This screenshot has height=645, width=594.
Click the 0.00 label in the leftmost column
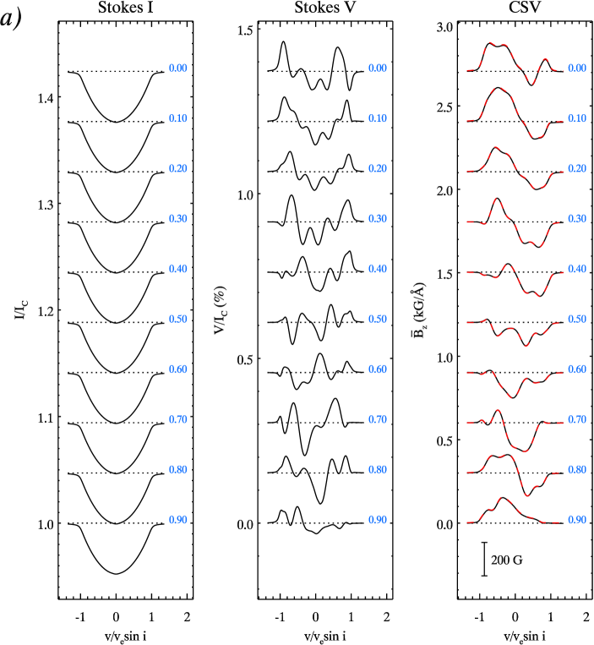coord(177,68)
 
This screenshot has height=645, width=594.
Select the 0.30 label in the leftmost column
coord(177,219)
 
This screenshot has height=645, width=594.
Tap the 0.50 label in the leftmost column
coord(177,320)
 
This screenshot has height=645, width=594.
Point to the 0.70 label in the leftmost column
coord(177,419)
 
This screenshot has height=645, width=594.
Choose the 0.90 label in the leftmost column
coord(177,520)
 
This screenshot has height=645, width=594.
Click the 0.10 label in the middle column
coord(377,118)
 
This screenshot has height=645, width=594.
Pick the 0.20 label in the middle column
coord(377,169)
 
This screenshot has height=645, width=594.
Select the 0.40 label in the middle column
coord(377,269)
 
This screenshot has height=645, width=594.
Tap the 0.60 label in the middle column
coord(377,369)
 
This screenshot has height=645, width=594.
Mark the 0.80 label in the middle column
coord(377,469)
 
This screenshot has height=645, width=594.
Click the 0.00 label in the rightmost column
coord(576,68)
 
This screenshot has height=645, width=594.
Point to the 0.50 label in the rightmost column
coord(576,320)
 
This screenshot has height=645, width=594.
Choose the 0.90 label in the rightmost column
coord(576,520)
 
